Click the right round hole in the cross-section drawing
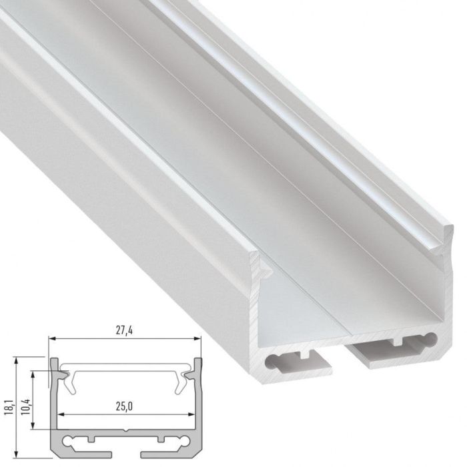pyautogui.click(x=183, y=441)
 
